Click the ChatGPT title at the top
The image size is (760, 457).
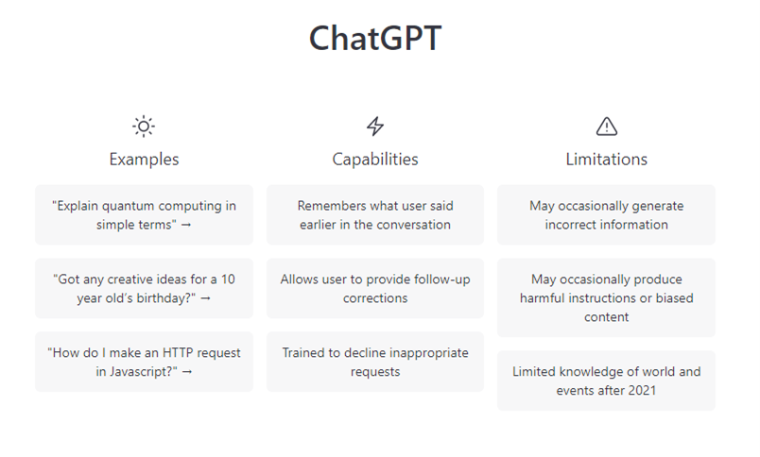tap(375, 38)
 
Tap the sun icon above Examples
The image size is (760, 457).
tap(144, 127)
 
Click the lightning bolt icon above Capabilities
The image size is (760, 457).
tap(375, 127)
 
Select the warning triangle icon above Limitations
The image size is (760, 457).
tap(606, 127)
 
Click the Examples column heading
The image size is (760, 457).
tap(144, 160)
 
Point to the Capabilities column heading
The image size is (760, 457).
tap(375, 160)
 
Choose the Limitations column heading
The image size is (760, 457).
tap(606, 160)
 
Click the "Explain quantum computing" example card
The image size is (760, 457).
tap(144, 215)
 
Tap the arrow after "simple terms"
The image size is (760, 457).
tap(186, 225)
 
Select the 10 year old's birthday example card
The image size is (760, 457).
tap(144, 289)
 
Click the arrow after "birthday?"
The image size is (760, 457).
tap(205, 298)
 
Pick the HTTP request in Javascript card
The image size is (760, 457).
tap(144, 362)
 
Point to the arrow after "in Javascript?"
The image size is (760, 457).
tap(187, 372)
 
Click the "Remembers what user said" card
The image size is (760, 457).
tap(375, 215)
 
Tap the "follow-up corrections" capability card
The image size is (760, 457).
tap(375, 289)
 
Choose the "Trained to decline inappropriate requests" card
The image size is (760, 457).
tap(375, 362)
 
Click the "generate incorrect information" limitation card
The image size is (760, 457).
tap(606, 215)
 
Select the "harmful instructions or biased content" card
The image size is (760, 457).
tap(606, 297)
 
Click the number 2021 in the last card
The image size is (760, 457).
tap(641, 390)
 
